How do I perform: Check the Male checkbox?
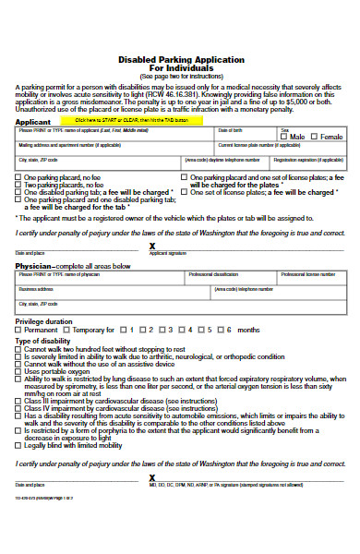[285, 137]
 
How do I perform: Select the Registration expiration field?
[308, 163]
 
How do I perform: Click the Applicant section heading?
[32, 121]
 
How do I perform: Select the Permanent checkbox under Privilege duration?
[18, 330]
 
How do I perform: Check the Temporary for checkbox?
[66, 330]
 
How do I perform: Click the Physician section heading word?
[33, 265]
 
